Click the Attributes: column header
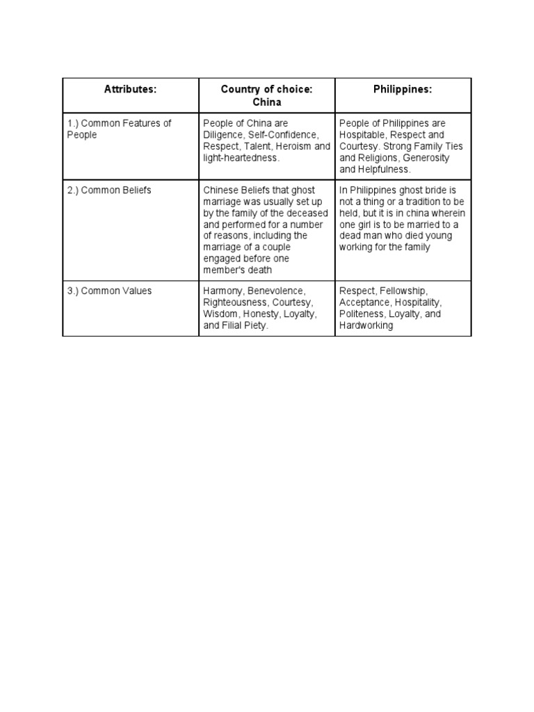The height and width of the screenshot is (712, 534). (130, 89)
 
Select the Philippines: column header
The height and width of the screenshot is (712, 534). (403, 89)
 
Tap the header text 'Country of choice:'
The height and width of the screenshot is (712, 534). (266, 89)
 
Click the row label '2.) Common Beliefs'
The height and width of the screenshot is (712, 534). (109, 190)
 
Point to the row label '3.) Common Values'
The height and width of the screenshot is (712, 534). (108, 291)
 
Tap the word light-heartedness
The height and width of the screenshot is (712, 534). (240, 158)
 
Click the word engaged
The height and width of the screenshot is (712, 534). (223, 258)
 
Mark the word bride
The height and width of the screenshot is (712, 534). (439, 190)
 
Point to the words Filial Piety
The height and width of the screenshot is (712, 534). (243, 325)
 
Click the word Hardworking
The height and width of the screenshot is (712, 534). (366, 325)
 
